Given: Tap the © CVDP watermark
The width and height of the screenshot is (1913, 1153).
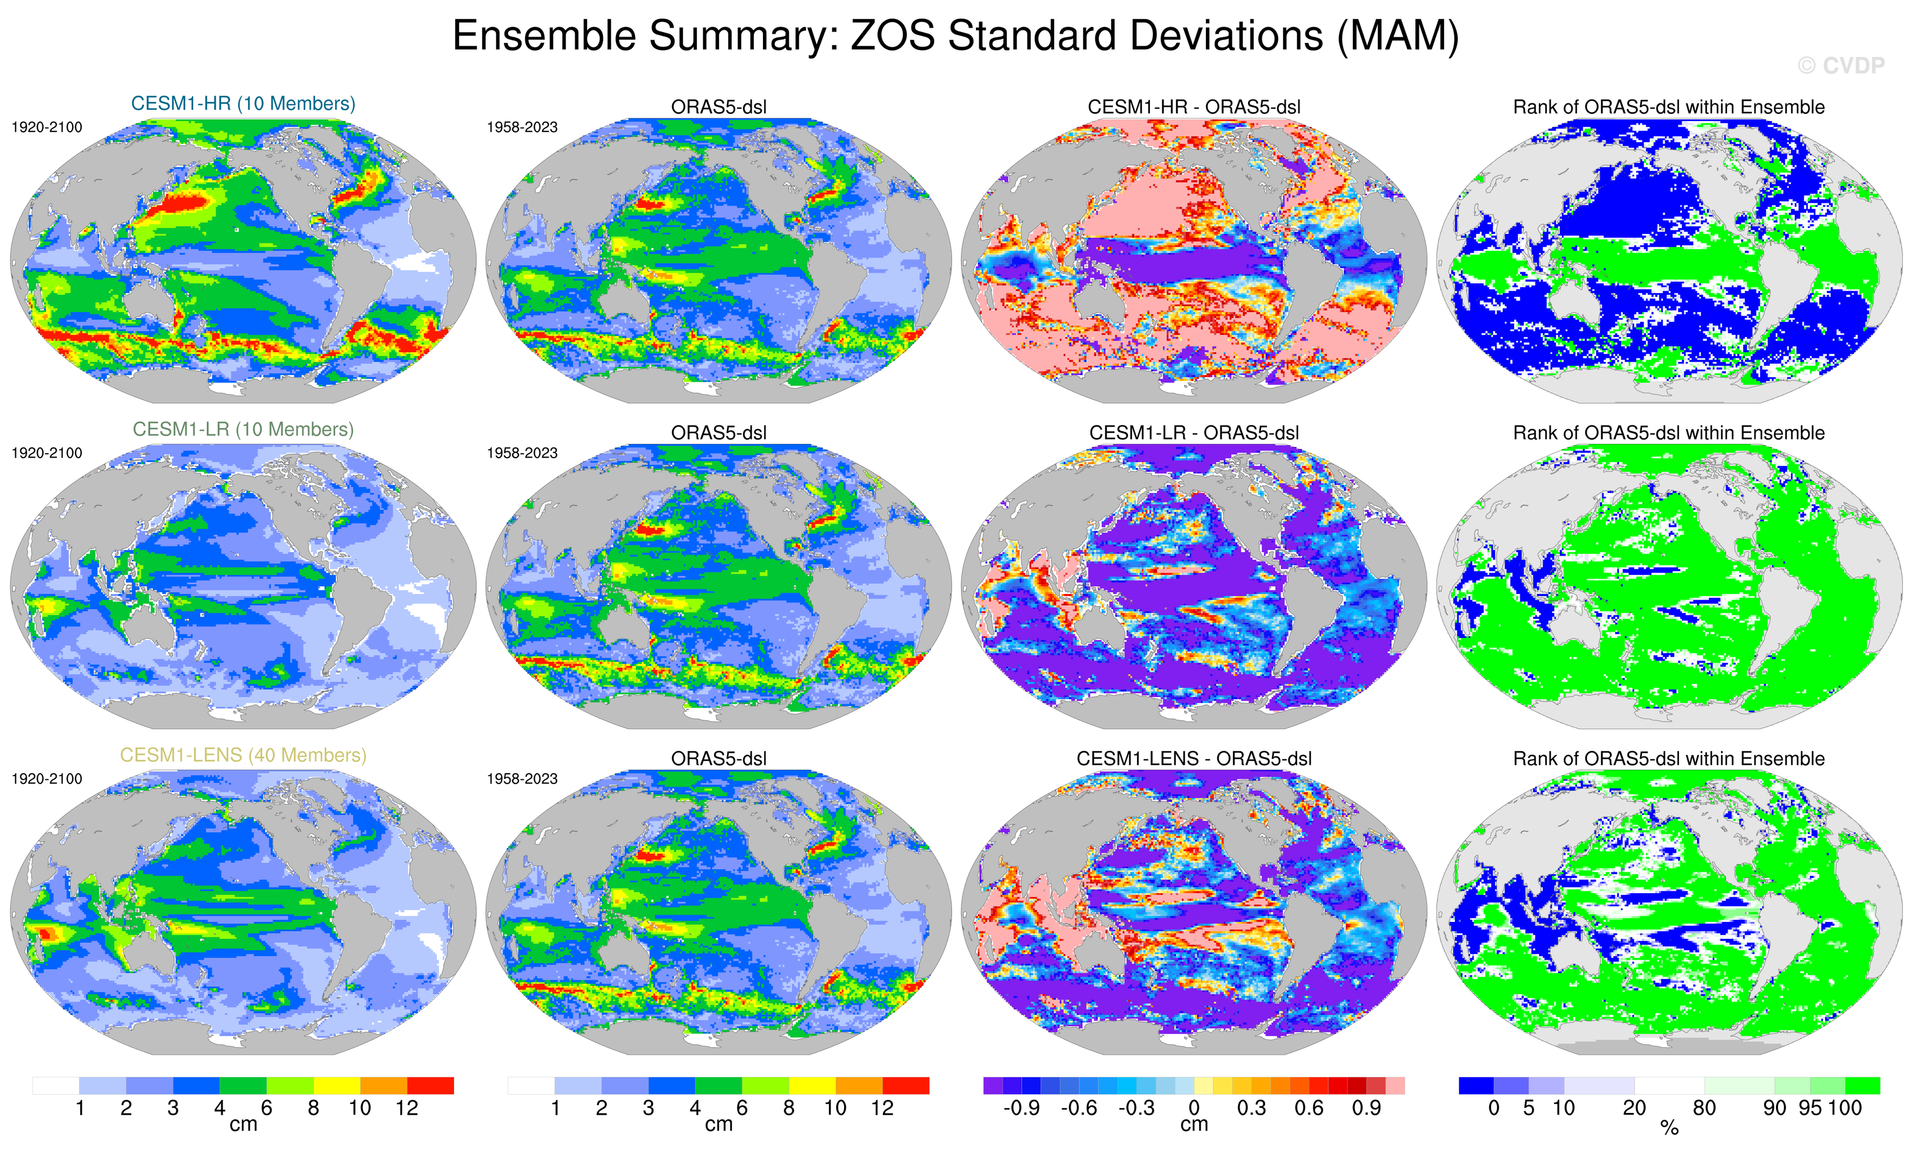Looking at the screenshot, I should pos(1841,66).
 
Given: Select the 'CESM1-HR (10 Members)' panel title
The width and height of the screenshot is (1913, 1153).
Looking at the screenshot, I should pos(243,103).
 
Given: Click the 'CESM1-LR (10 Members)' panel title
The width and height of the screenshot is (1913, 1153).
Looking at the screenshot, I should pos(243,429).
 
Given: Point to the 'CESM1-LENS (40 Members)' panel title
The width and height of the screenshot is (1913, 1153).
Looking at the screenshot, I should pos(243,755).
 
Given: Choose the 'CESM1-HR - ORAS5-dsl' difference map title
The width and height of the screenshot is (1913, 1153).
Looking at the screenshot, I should pos(1193,107).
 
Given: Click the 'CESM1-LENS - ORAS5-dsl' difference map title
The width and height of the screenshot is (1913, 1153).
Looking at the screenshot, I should pos(1193,759).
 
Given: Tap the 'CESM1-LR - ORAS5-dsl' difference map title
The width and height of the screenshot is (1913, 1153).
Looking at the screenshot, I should pos(1193,432).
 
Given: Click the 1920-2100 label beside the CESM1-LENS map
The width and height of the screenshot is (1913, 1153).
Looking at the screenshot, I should pos(47,779).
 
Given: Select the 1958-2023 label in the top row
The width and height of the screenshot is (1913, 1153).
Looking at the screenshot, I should pos(522,127).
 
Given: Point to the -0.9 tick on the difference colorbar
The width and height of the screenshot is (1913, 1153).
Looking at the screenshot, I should pos(1021,1108).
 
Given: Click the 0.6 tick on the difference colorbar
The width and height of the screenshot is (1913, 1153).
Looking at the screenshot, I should pos(1308,1108).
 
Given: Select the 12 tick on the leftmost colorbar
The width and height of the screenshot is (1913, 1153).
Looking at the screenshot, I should pos(407,1108).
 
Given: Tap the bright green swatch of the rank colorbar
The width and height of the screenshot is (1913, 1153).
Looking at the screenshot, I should pos(1862,1085).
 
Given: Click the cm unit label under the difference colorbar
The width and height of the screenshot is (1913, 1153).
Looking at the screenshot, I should pos(1193,1124).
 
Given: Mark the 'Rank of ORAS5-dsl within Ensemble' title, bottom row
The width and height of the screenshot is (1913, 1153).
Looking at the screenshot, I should pos(1668,759).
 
